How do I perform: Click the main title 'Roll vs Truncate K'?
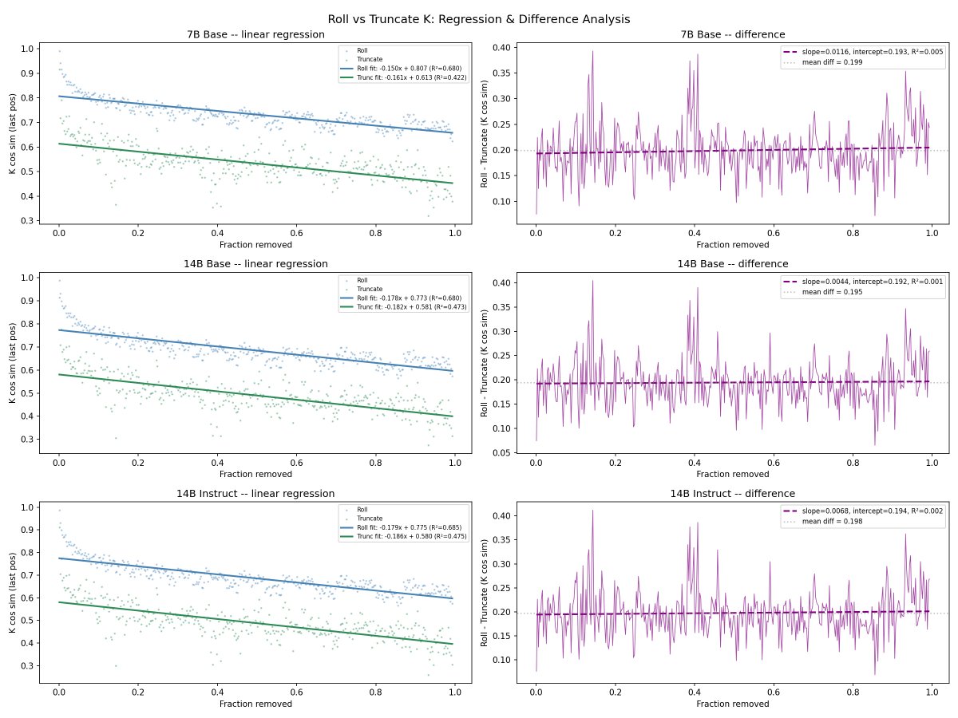[x=478, y=18]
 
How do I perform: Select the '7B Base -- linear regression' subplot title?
[x=255, y=34]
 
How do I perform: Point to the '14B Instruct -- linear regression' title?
[x=255, y=494]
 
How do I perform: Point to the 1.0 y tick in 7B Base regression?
[x=26, y=49]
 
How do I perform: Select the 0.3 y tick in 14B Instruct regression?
[x=26, y=665]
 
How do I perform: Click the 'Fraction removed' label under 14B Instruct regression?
[x=255, y=704]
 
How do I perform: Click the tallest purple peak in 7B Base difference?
[x=592, y=51]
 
